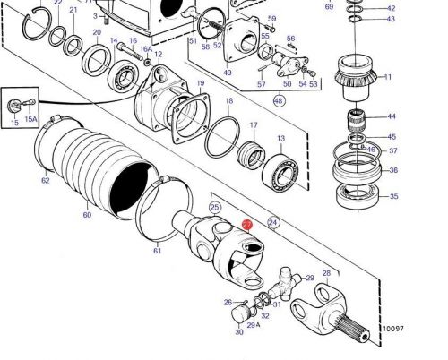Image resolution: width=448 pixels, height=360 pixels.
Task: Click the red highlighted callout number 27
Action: (x=247, y=226)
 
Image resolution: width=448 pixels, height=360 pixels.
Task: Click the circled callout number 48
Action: (x=279, y=101)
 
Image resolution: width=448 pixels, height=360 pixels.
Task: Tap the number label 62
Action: (x=45, y=179)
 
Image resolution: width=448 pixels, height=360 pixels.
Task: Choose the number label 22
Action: (x=57, y=4)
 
